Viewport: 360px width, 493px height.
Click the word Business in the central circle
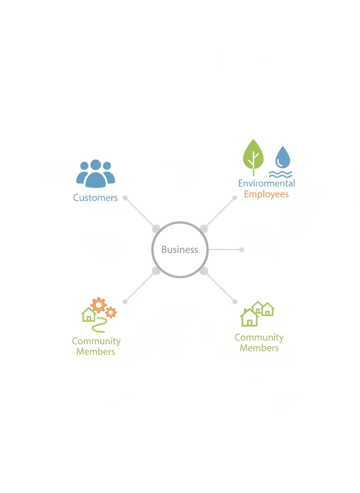tap(180, 249)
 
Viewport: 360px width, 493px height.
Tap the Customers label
tap(95, 197)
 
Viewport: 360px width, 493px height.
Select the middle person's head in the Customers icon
tap(96, 164)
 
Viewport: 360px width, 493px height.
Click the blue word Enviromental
tap(266, 183)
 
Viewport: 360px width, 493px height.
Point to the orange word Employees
tap(266, 194)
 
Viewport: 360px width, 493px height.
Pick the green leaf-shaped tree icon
tap(253, 157)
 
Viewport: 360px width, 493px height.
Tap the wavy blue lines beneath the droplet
tap(280, 174)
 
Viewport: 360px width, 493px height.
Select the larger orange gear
tap(99, 305)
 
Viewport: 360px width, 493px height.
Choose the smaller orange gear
tap(111, 312)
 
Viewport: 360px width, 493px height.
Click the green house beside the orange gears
tap(89, 314)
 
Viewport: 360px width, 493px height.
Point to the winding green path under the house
tap(100, 325)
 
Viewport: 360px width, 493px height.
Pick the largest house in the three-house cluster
tap(249, 317)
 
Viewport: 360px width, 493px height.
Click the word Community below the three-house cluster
tap(259, 337)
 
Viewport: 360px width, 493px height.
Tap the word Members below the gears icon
tap(96, 351)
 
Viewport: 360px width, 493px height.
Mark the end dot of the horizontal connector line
tap(241, 250)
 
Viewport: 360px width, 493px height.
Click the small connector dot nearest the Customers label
tap(125, 198)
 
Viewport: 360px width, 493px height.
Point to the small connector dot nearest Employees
tap(235, 198)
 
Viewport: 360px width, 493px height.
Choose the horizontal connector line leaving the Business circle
tap(224, 250)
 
